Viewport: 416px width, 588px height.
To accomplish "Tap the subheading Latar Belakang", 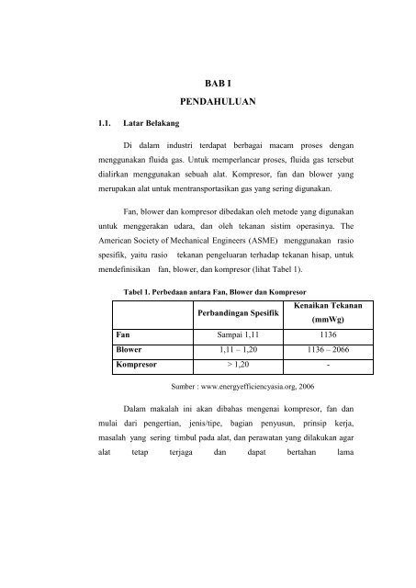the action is click(x=166, y=121).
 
